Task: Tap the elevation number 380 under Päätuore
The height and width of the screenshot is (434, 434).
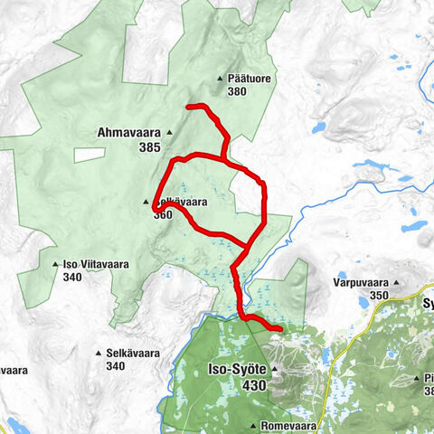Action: pos(238,91)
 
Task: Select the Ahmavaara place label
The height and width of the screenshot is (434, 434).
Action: pos(127,132)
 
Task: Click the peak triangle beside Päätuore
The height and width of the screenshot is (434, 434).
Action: pos(219,79)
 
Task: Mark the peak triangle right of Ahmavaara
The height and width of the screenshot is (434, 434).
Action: pos(168,132)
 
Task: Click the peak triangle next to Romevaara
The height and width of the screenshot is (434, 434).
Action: pos(254,423)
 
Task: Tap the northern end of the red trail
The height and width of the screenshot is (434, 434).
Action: pos(189,108)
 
